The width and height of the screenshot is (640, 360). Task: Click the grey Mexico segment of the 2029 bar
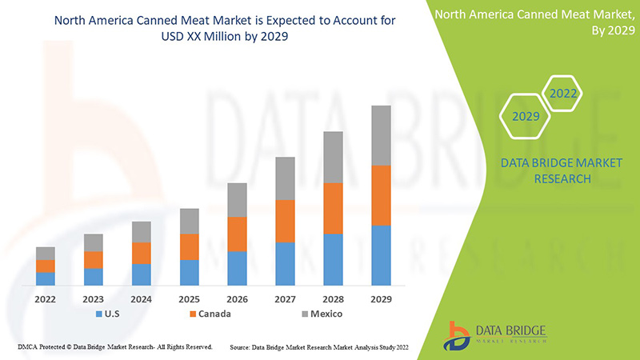pos(381,135)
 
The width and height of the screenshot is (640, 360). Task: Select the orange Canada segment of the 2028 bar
pos(333,208)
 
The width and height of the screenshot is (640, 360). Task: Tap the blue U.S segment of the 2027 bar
pos(285,264)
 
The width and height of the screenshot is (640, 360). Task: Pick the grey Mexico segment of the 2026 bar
pos(237,200)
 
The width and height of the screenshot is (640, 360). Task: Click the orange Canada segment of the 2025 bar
pos(189,246)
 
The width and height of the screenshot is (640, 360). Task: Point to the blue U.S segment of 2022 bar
pos(46,278)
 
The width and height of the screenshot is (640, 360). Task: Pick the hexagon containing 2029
pos(526,116)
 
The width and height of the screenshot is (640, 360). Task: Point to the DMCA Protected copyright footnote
pos(114,347)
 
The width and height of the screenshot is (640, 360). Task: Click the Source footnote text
pos(324,347)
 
